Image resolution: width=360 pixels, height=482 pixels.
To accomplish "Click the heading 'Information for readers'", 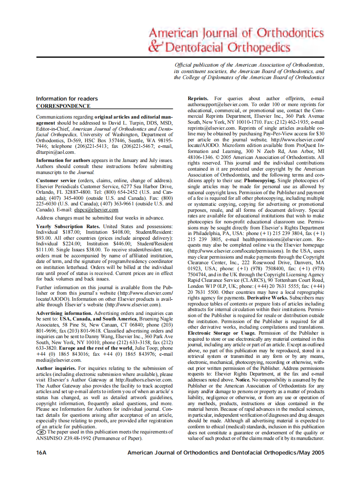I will pos(67,99).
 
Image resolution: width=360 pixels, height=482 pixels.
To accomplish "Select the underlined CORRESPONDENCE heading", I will pos(63,106).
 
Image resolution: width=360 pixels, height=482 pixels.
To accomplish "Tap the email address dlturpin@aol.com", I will pos(56,152).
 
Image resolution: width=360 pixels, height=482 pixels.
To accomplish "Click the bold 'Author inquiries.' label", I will pos(56,368).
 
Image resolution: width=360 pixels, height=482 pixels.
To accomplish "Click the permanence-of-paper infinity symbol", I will pos(41,432).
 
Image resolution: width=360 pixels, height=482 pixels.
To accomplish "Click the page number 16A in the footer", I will pos(41,453).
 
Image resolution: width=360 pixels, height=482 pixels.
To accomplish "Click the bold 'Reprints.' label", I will pos(198,99).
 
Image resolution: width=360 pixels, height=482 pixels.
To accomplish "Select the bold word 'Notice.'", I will pos(242,380).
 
